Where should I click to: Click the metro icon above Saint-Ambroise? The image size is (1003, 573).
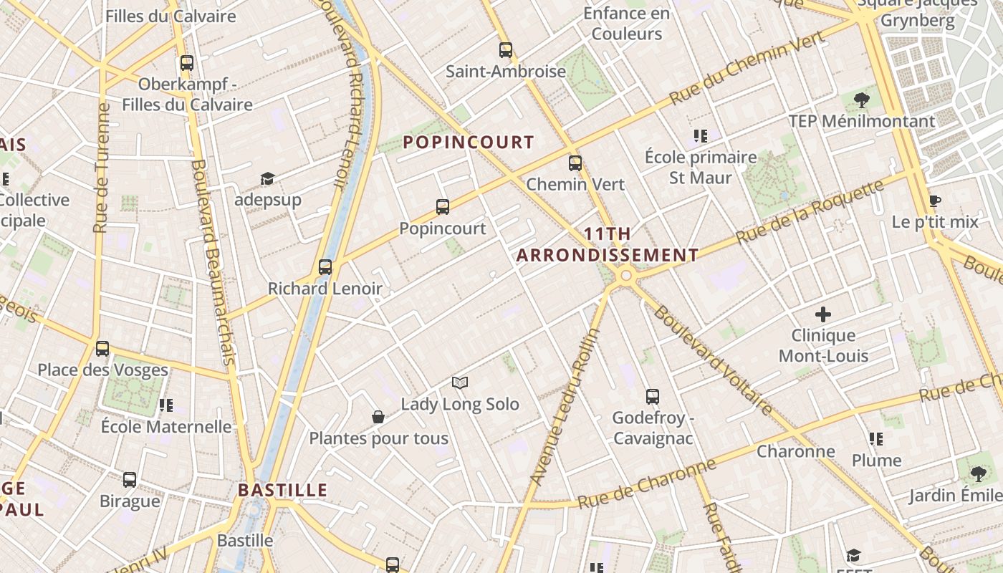click(x=506, y=50)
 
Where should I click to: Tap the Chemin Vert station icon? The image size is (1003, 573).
click(x=575, y=163)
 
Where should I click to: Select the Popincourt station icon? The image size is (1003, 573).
click(x=443, y=207)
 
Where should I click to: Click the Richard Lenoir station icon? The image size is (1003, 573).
click(x=325, y=267)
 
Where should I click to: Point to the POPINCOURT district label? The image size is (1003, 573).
click(x=469, y=142)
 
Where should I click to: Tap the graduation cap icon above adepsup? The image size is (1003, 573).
click(x=267, y=178)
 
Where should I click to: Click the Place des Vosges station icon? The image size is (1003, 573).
click(x=102, y=349)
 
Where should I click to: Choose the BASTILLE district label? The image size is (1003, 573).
click(x=282, y=491)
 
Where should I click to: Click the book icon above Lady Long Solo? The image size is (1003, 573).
click(x=460, y=383)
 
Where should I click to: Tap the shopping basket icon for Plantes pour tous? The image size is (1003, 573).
click(x=378, y=417)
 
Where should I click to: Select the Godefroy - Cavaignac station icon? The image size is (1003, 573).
click(x=653, y=396)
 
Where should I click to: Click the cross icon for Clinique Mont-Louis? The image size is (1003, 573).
click(x=823, y=314)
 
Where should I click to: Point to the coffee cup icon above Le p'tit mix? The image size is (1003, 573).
click(x=934, y=201)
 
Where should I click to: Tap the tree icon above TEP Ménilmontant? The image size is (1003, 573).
click(x=862, y=100)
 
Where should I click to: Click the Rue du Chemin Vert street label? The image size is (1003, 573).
click(x=747, y=72)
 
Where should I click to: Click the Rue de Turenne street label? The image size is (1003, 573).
click(x=101, y=168)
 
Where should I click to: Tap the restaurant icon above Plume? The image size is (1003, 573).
click(x=875, y=438)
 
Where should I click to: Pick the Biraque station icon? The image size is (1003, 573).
click(x=130, y=479)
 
